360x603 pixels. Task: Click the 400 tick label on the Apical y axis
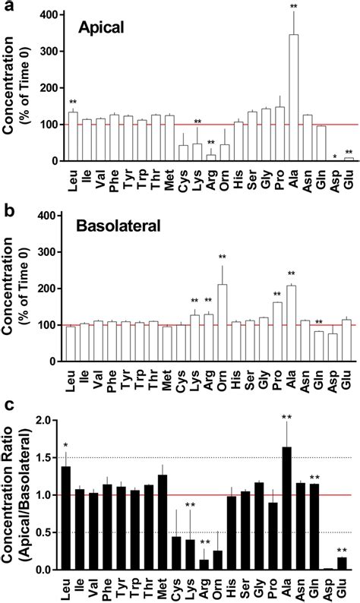tap(51, 15)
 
